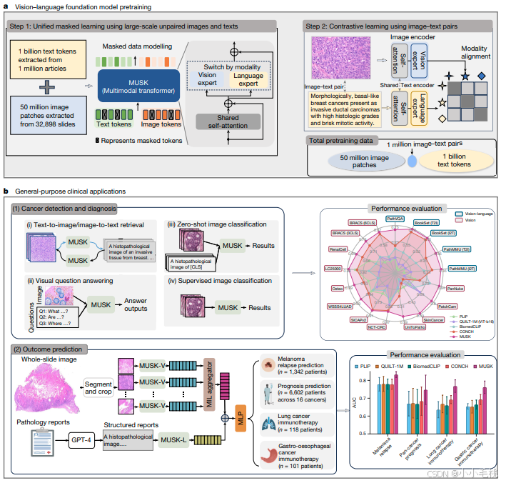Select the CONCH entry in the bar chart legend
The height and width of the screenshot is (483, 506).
(x=454, y=365)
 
